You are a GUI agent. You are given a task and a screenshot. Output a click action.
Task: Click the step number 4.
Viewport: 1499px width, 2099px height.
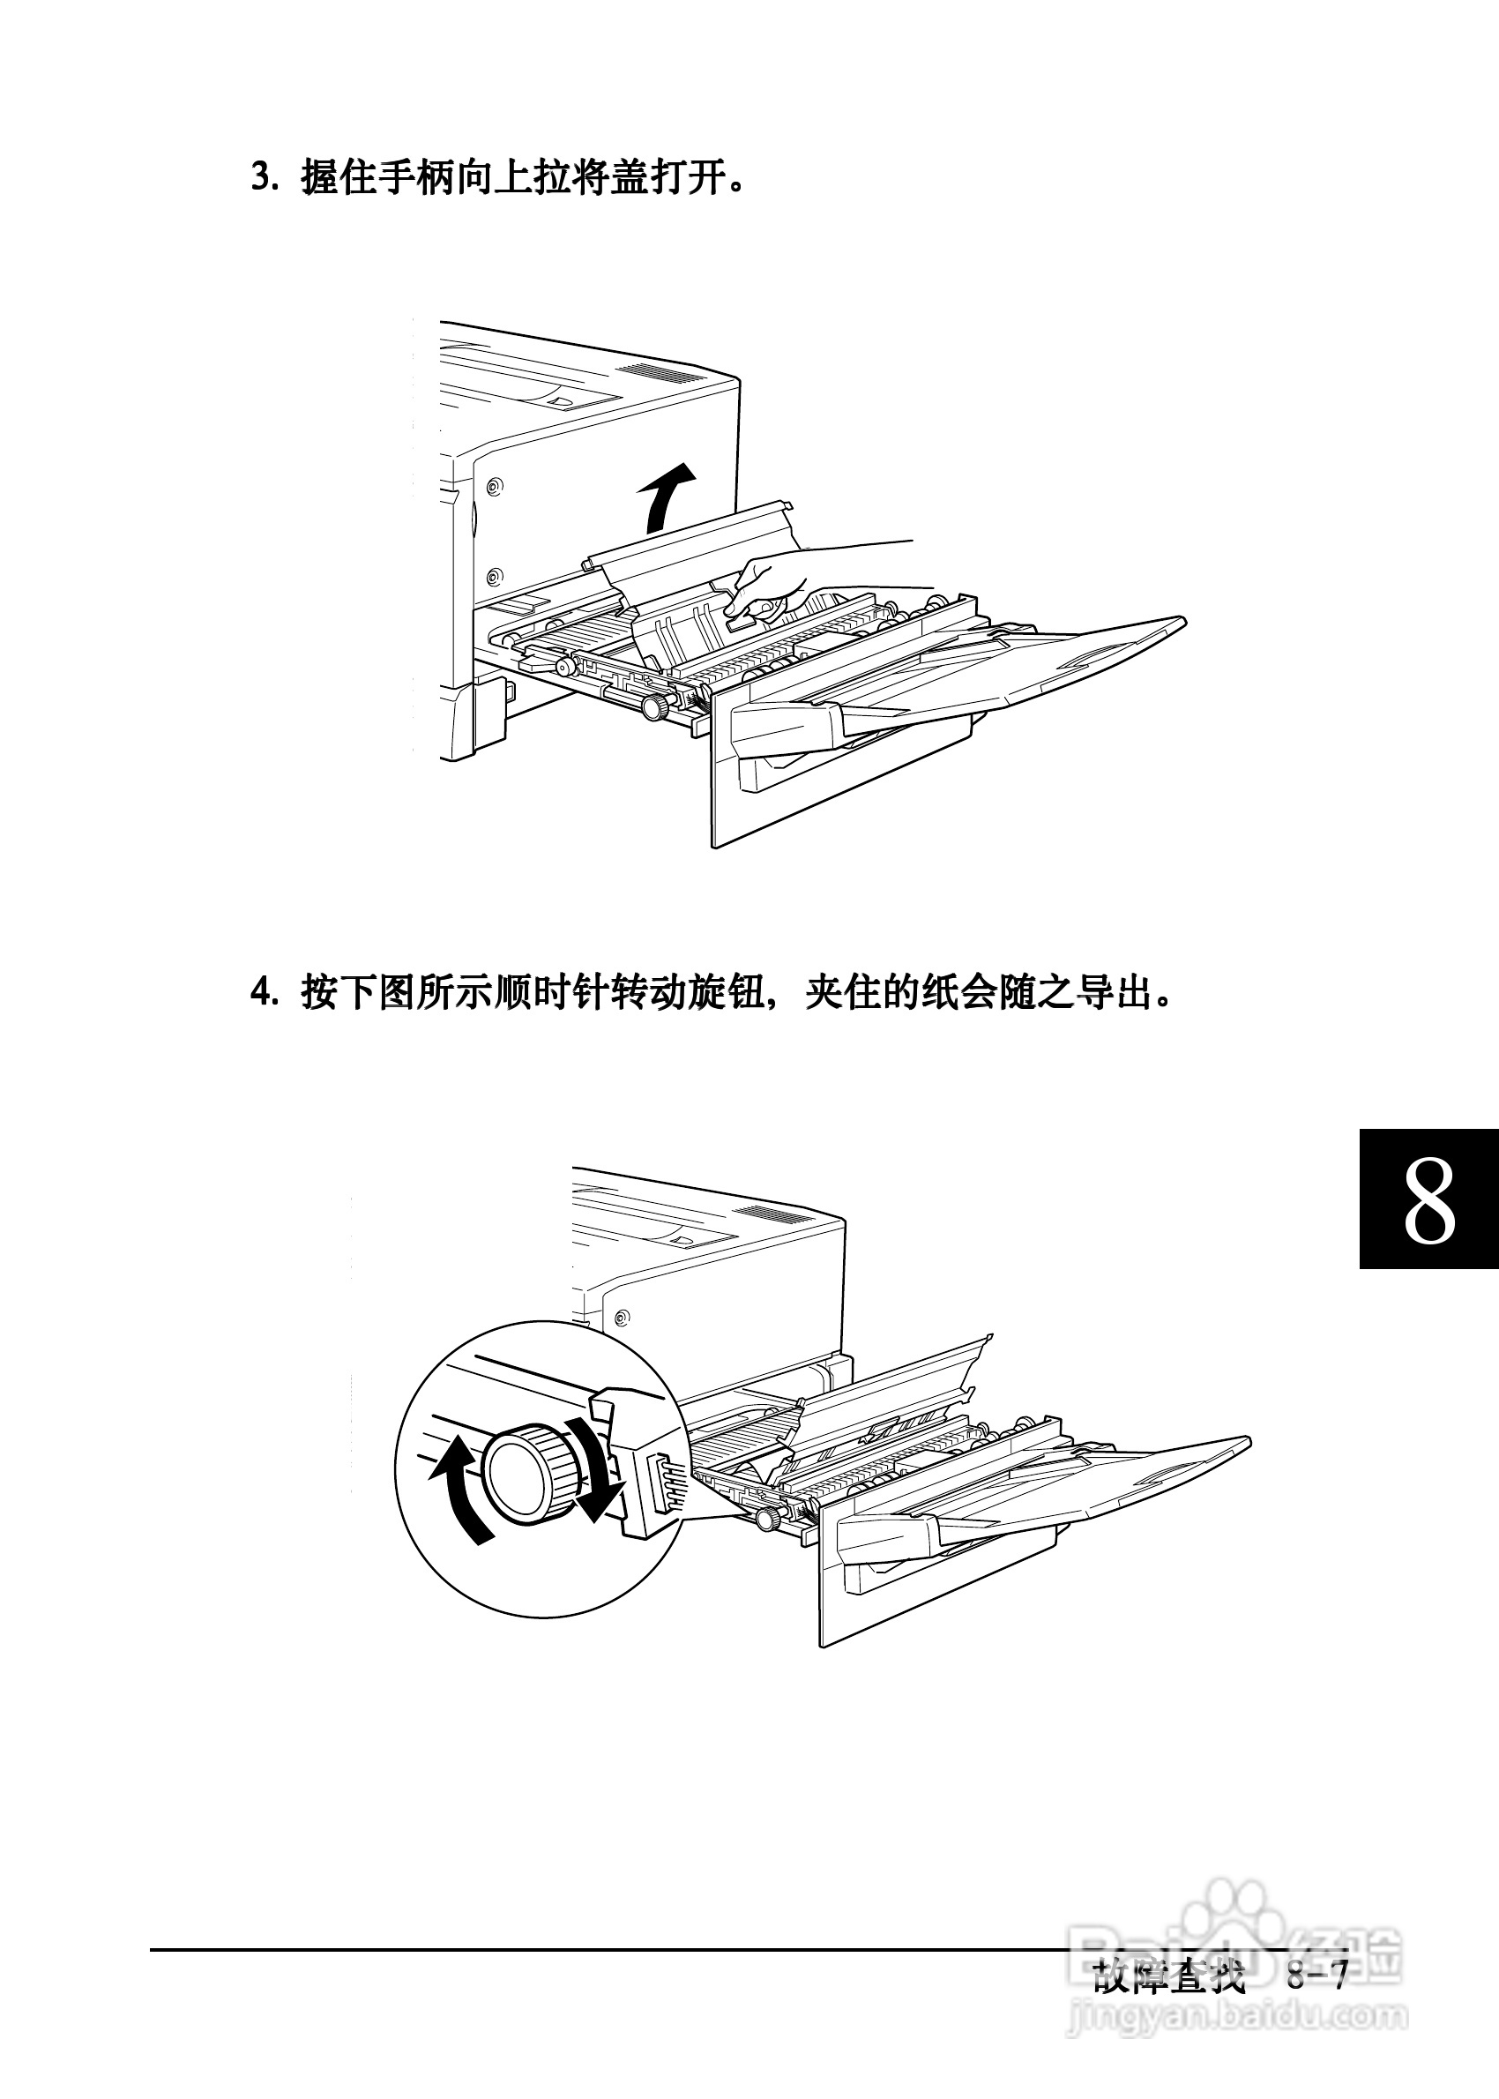tap(262, 993)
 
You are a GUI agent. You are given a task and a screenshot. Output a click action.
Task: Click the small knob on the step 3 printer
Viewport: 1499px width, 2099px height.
tap(655, 709)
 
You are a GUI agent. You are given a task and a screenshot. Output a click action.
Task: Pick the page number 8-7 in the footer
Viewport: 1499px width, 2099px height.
tap(1317, 1976)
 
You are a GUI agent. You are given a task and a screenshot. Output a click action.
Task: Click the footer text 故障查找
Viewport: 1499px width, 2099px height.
tap(1168, 1976)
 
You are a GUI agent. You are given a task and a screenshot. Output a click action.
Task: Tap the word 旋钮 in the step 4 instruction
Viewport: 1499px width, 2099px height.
tap(725, 993)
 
